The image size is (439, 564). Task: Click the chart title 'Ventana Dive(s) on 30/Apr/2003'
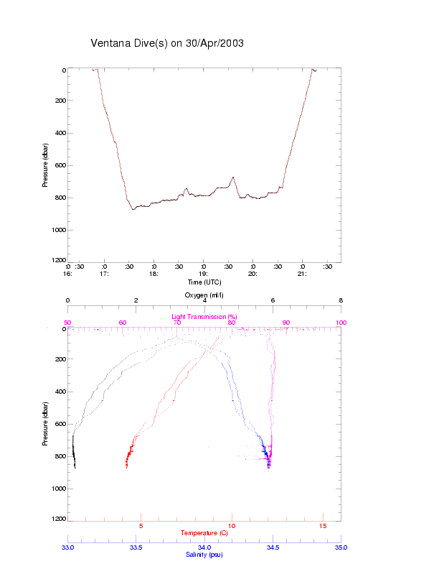(167, 43)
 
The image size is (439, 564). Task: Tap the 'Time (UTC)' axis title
(204, 282)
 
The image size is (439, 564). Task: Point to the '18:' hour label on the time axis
(154, 274)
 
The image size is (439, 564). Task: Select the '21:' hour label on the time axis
(303, 274)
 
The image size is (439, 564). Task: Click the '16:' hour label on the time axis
(68, 274)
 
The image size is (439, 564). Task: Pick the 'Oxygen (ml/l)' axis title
(204, 295)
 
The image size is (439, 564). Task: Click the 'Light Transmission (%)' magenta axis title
(204, 316)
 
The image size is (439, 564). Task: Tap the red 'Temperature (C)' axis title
(204, 533)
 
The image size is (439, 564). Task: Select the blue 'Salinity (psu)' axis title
(204, 555)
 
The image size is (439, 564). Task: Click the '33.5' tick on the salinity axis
(136, 547)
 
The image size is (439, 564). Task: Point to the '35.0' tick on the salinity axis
(341, 547)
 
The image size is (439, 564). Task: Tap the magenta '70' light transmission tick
(177, 323)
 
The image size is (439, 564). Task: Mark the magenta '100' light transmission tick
(341, 323)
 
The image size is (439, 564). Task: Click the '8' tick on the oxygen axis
(341, 300)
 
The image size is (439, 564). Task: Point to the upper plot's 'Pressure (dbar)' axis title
(45, 165)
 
